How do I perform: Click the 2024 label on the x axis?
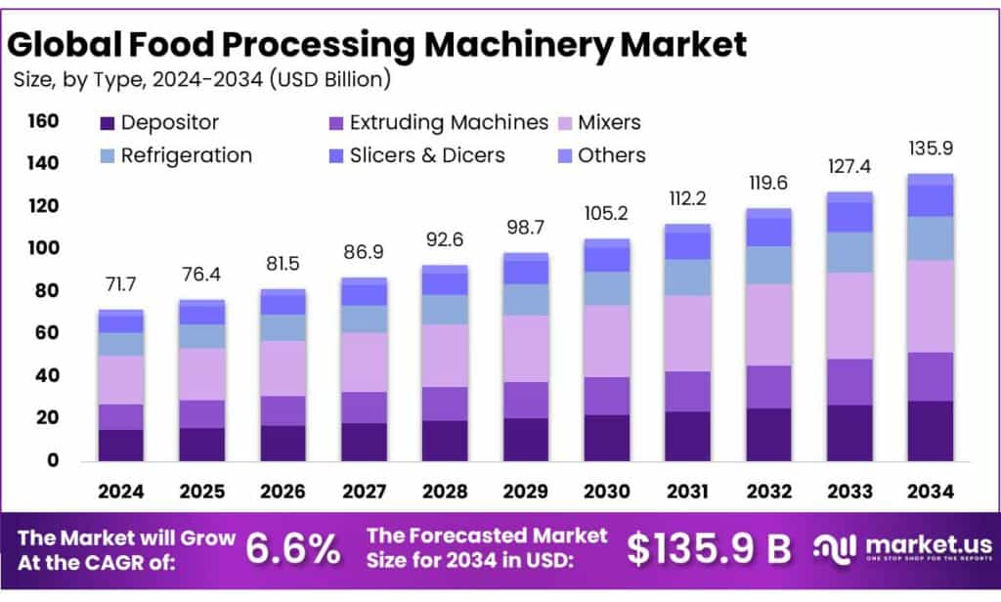pyautogui.click(x=121, y=493)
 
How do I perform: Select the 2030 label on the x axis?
pyautogui.click(x=607, y=493)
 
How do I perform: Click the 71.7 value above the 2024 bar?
pyautogui.click(x=121, y=285)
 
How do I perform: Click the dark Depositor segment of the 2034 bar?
pyautogui.click(x=930, y=431)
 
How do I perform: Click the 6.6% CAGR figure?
pyautogui.click(x=293, y=549)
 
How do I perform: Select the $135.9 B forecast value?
pyautogui.click(x=709, y=549)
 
